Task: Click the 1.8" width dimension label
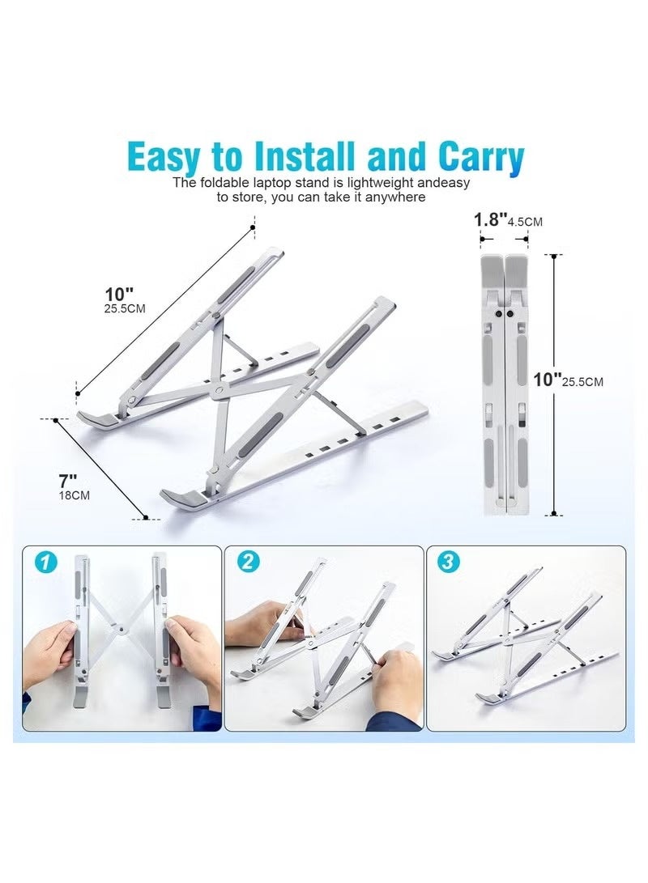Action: click(491, 220)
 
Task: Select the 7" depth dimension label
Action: click(70, 480)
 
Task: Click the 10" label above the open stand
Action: click(117, 294)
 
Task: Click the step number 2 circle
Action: click(245, 562)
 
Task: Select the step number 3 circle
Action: click(448, 562)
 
